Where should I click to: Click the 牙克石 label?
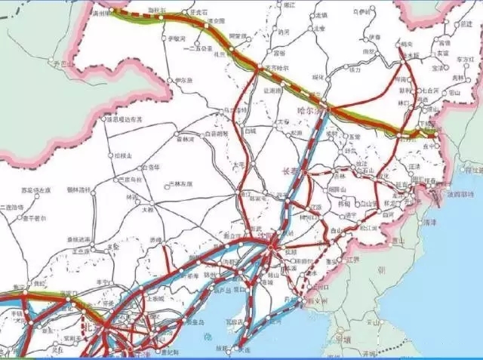point(198,13)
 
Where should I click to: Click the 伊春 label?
point(375,37)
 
